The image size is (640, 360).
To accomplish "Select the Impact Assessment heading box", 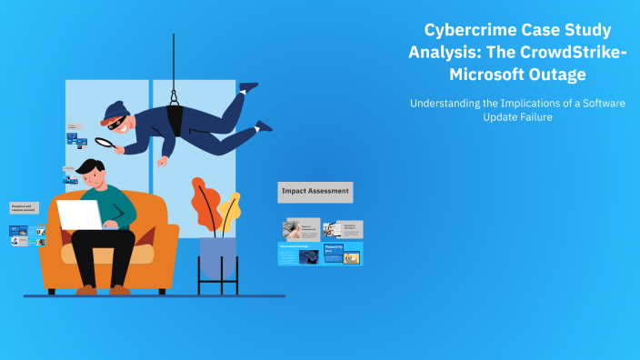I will point(315,192).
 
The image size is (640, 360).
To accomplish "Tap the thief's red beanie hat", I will point(115,111).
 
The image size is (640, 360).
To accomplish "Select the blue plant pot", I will point(218,258).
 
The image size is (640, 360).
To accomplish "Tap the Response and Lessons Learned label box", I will point(25,208).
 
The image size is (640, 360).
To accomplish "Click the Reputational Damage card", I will point(299,254).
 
